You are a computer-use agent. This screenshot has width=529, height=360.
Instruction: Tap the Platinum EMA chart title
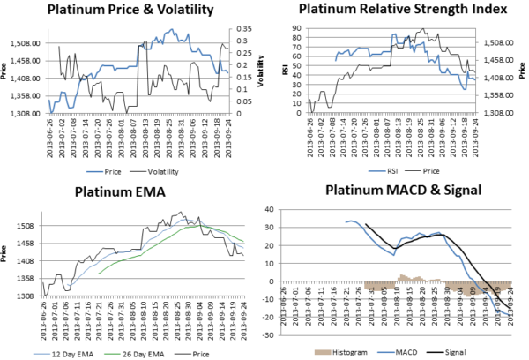coord(131,193)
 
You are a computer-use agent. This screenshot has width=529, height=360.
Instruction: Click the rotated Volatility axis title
coord(261,79)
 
